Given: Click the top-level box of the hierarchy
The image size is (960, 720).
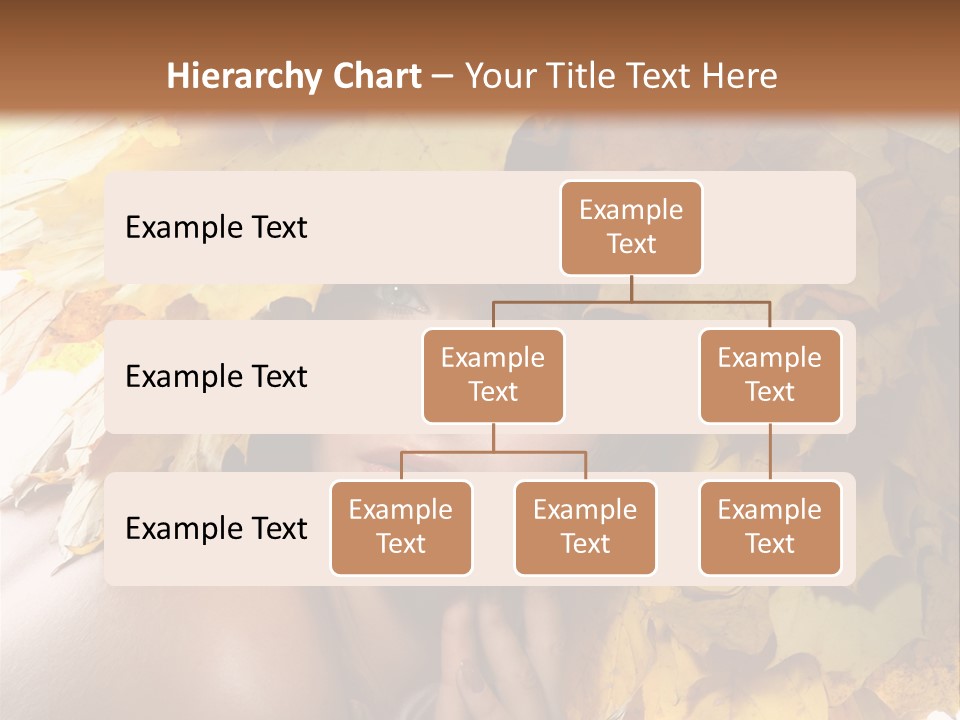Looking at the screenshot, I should coord(631,228).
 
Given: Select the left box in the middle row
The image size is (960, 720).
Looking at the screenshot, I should coord(493,375).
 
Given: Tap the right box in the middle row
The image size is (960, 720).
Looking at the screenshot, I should coord(770,375).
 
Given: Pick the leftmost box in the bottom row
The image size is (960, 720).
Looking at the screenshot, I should coord(401,527).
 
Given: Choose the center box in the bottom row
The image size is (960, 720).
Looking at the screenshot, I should coord(585,527).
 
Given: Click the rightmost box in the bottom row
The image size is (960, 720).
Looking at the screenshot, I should coord(770,527).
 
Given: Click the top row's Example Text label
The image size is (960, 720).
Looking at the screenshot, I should coord(216,228).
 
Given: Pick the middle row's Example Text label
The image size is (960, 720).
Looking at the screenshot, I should coord(216,377).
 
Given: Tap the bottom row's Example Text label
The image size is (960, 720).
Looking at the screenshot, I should coord(216,529).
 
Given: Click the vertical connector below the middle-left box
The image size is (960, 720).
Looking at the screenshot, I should coord(493,437).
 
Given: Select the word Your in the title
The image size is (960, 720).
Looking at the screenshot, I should coord(501,76).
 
